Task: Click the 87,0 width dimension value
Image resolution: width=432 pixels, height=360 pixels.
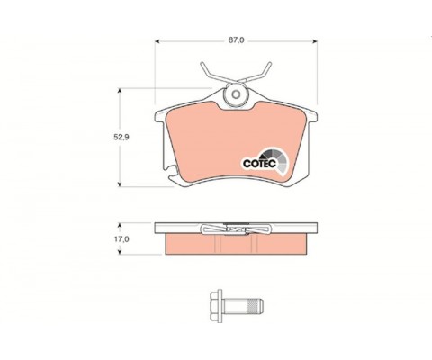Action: (x=237, y=40)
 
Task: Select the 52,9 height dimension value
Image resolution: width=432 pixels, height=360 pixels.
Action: (x=121, y=138)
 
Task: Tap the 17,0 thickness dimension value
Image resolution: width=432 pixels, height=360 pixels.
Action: (x=121, y=239)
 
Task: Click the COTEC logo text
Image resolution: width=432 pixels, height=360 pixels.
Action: (x=259, y=164)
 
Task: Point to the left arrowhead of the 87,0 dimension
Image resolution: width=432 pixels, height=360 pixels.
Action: (x=157, y=41)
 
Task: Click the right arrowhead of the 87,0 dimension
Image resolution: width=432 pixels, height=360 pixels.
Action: (x=315, y=41)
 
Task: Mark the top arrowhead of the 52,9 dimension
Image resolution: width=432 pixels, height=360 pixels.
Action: (x=120, y=91)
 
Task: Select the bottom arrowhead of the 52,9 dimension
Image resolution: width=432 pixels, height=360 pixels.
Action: (x=120, y=184)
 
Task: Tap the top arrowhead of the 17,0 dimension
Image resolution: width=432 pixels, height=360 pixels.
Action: (x=120, y=225)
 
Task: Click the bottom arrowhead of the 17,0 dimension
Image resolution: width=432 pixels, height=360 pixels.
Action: (x=120, y=252)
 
